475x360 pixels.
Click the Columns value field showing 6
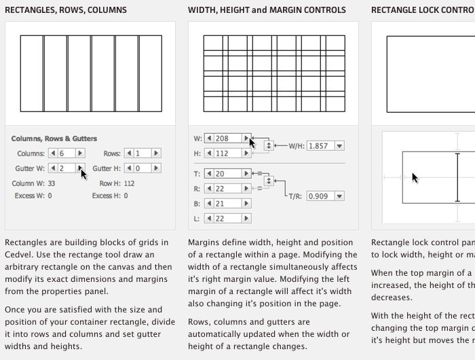pyautogui.click(x=66, y=154)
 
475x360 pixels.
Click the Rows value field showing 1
pyautogui.click(x=142, y=154)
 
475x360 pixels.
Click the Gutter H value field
pyautogui.click(x=142, y=168)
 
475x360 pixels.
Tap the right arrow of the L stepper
pyautogui.click(x=246, y=219)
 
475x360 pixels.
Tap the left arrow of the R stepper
pyautogui.click(x=209, y=189)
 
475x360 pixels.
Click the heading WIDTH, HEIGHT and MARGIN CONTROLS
pyautogui.click(x=267, y=10)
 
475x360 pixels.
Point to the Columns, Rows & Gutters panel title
pyautogui.click(x=54, y=139)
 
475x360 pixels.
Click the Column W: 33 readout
pyautogui.click(x=33, y=183)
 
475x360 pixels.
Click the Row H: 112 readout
pyautogui.click(x=117, y=183)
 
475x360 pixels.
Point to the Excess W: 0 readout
pyautogui.click(x=33, y=196)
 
